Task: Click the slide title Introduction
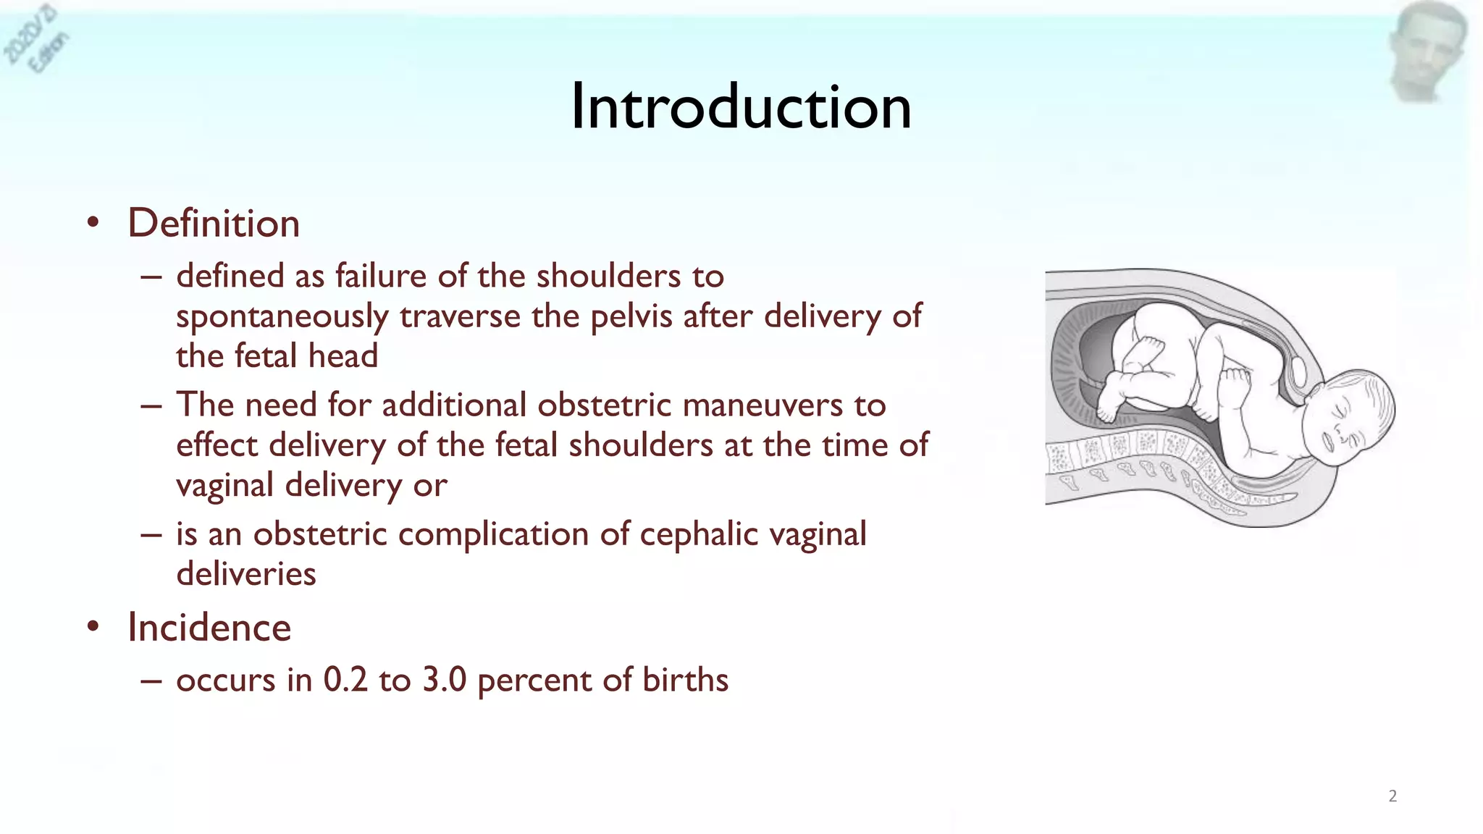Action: coord(741,107)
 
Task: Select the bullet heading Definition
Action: coord(214,223)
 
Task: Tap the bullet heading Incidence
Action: coord(209,627)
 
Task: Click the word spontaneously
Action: coord(282,317)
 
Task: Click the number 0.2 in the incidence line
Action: coord(345,680)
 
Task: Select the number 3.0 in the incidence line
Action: coord(444,680)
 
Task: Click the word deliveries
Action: coord(246,574)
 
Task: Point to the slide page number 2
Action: coord(1392,796)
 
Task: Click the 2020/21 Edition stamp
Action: coord(36,40)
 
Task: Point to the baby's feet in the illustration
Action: coord(1112,405)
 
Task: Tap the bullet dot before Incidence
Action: coord(93,627)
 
